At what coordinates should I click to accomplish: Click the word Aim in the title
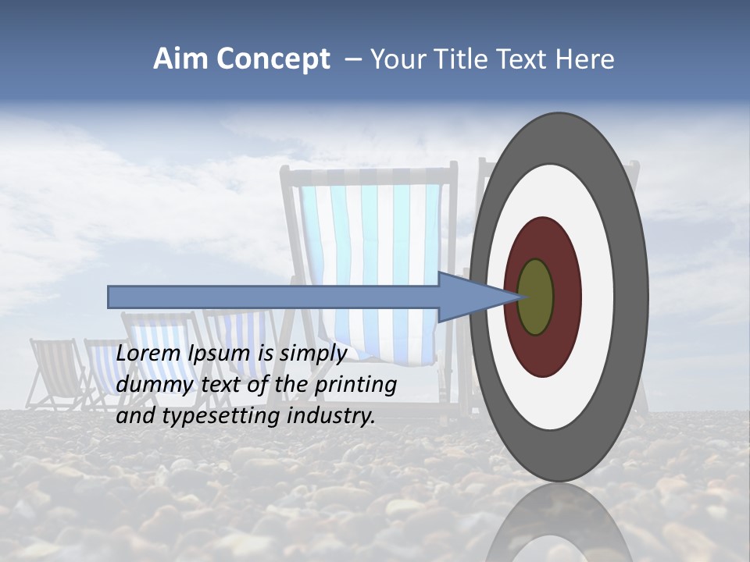(x=180, y=59)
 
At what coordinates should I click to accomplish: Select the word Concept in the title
(x=273, y=59)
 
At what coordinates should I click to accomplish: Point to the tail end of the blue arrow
(x=113, y=297)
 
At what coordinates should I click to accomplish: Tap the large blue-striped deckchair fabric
(x=367, y=250)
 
